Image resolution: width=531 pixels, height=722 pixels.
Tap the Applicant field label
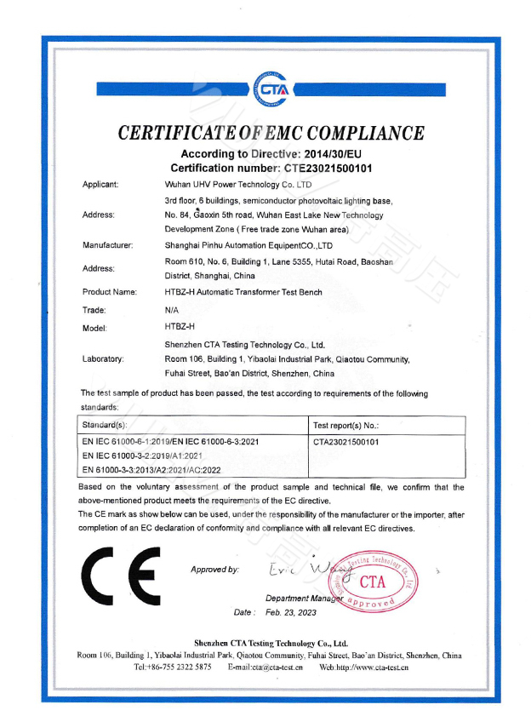tap(100, 184)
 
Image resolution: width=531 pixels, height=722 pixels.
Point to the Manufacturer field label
tap(108, 245)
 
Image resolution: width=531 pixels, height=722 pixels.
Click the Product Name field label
tap(110, 291)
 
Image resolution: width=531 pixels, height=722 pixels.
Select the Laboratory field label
tap(103, 358)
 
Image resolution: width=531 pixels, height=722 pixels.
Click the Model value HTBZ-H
tap(180, 326)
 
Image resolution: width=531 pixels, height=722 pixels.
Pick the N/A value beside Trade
tap(172, 310)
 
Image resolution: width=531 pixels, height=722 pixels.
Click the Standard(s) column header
tap(105, 424)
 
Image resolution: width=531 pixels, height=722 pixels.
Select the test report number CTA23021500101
tap(346, 442)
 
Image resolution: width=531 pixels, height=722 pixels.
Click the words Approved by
tap(214, 569)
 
